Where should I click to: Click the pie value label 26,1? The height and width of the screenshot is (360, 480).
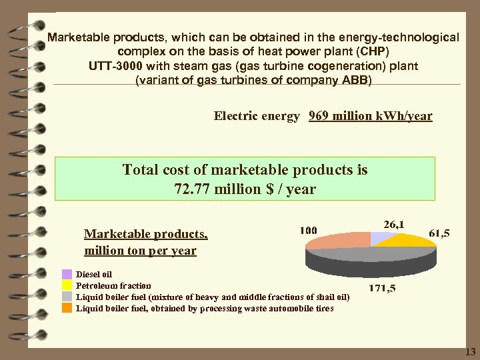coord(393,224)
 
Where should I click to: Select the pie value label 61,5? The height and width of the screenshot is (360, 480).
coord(439,233)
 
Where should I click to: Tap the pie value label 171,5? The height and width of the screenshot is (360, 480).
coord(382,289)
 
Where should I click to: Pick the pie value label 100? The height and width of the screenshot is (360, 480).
coord(308,230)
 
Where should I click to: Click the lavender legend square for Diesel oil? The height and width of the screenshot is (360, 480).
coord(67,274)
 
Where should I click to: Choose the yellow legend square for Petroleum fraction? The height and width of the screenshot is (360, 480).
coord(67,285)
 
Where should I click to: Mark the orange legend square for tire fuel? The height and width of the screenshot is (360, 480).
coord(67,308)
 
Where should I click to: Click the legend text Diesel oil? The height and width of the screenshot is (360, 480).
coord(94,274)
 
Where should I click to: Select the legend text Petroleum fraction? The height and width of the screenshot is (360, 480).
coord(113,285)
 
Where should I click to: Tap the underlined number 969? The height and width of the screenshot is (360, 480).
coord(320,116)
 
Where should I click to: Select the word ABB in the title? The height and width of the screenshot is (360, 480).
coord(355,81)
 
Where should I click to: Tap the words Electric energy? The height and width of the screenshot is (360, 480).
coord(257,116)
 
